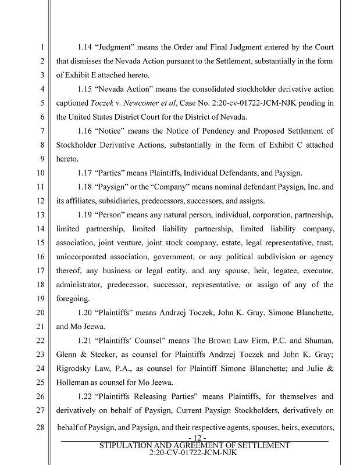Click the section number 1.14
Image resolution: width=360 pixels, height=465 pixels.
click(x=86, y=47)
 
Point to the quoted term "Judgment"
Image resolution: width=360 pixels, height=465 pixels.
click(x=119, y=47)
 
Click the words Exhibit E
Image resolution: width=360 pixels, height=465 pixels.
click(x=83, y=75)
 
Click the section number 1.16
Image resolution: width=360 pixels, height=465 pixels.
click(x=86, y=131)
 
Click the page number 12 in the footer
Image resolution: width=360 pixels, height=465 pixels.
click(x=194, y=437)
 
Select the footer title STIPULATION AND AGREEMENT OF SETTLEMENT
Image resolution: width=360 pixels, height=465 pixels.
click(x=195, y=445)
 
